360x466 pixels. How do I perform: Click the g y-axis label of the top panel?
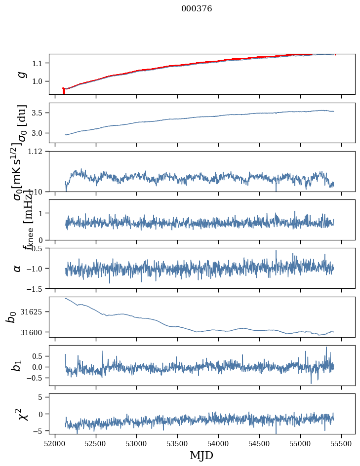click(x=21, y=74)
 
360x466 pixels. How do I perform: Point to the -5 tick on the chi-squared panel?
click(x=40, y=431)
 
